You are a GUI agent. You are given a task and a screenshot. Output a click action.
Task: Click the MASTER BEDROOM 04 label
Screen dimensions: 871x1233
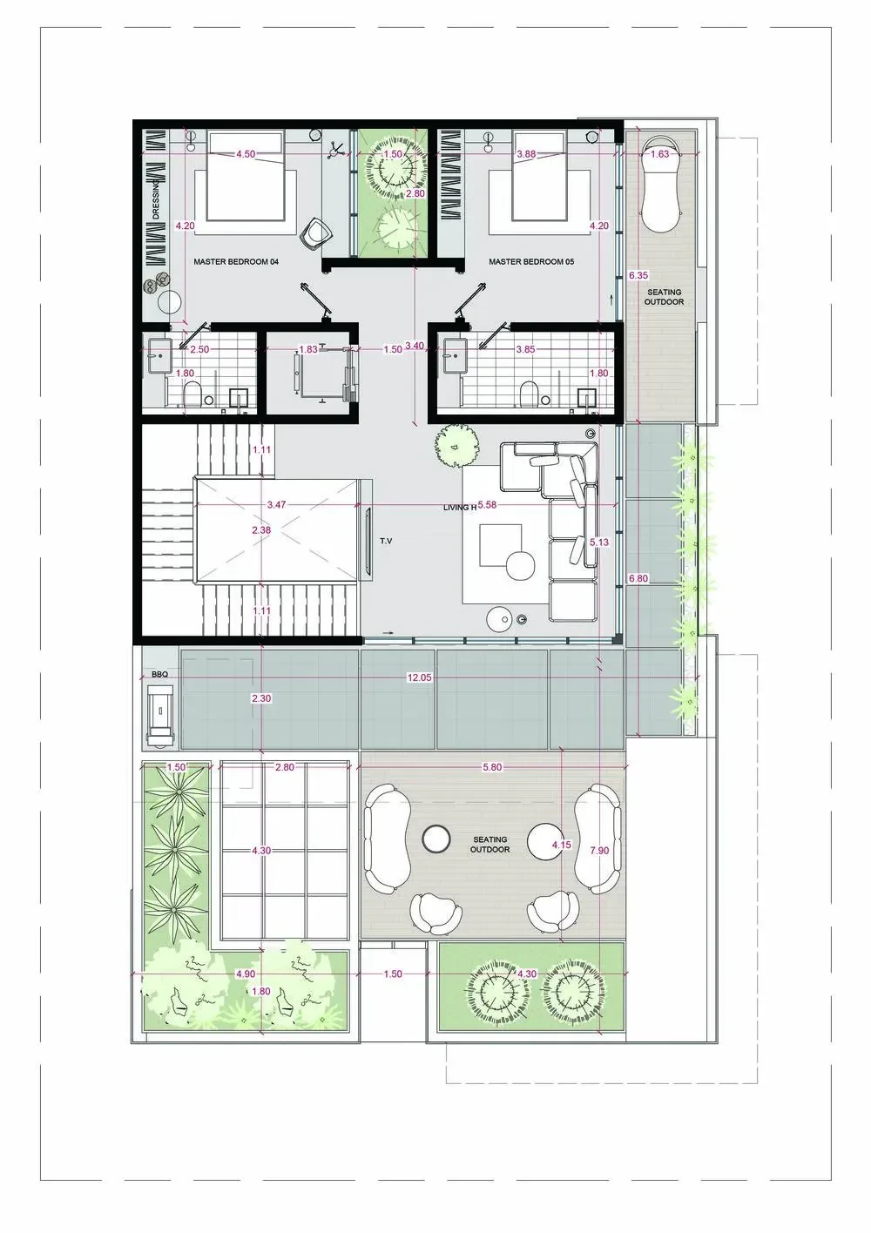click(236, 262)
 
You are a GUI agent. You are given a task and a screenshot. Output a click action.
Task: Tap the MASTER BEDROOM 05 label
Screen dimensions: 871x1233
click(531, 262)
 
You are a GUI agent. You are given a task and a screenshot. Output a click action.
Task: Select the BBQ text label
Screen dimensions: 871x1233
click(159, 674)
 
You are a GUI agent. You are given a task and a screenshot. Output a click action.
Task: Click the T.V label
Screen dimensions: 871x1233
click(386, 541)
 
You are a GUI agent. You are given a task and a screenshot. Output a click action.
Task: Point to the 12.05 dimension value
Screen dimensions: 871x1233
click(419, 677)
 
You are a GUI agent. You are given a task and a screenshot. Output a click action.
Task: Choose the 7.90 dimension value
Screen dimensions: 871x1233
click(599, 851)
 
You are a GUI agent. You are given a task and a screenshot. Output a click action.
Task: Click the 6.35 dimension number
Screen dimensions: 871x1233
click(638, 275)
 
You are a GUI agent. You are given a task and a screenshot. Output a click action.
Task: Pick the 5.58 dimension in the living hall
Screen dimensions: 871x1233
click(487, 504)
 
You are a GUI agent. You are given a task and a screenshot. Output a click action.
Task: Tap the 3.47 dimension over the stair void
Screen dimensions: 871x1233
click(276, 504)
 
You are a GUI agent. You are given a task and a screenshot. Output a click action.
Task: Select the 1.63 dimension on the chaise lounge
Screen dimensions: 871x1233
click(659, 154)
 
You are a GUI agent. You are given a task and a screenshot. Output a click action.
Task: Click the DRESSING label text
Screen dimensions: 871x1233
click(157, 201)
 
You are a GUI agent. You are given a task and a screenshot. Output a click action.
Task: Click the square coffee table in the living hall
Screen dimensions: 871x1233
click(501, 545)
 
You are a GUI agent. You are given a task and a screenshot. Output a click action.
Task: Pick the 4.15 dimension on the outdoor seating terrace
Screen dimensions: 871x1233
click(561, 843)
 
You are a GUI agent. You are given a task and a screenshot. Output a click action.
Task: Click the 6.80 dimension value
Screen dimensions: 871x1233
click(638, 578)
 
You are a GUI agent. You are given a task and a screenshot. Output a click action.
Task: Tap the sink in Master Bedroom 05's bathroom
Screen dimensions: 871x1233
click(456, 356)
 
